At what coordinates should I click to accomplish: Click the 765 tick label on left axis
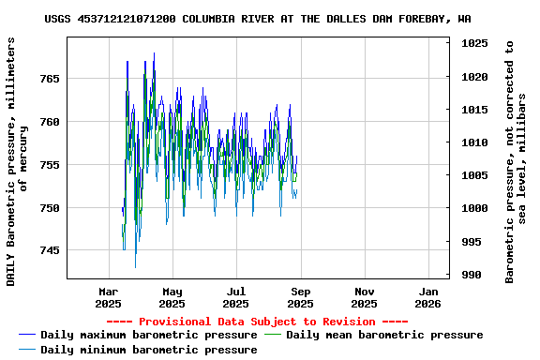(x=49, y=79)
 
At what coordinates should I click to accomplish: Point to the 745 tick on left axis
(x=49, y=250)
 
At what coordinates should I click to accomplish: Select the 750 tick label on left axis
(x=49, y=207)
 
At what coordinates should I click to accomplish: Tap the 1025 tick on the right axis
(x=474, y=43)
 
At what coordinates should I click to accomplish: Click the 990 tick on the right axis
(x=471, y=275)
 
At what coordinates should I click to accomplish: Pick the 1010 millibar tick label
(x=474, y=142)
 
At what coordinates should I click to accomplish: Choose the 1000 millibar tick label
(x=474, y=208)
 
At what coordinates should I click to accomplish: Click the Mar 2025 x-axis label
(x=109, y=297)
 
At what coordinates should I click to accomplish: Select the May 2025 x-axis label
(x=172, y=297)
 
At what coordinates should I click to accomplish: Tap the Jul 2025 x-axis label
(x=236, y=297)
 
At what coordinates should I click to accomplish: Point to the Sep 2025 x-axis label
(x=301, y=297)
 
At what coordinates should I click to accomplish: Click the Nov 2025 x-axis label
(x=365, y=297)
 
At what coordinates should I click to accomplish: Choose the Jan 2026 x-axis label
(x=427, y=297)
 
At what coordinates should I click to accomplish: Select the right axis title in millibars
(x=516, y=161)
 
